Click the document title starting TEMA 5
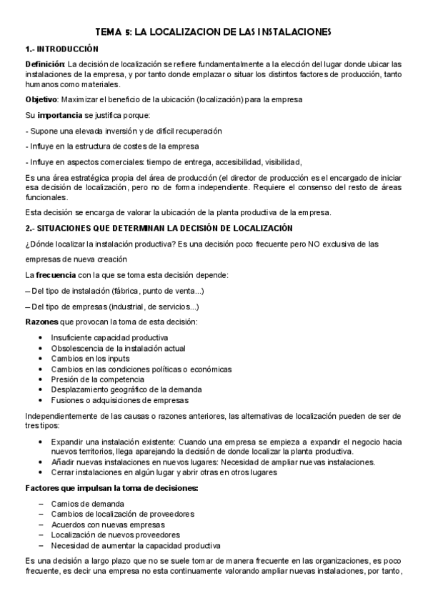(x=214, y=32)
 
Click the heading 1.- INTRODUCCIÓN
(x=61, y=49)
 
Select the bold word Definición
(x=45, y=65)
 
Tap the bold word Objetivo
(x=42, y=98)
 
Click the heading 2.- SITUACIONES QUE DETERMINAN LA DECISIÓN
(x=159, y=228)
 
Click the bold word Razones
(x=42, y=322)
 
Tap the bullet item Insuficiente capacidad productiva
(x=109, y=337)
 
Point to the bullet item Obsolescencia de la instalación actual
(x=118, y=348)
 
